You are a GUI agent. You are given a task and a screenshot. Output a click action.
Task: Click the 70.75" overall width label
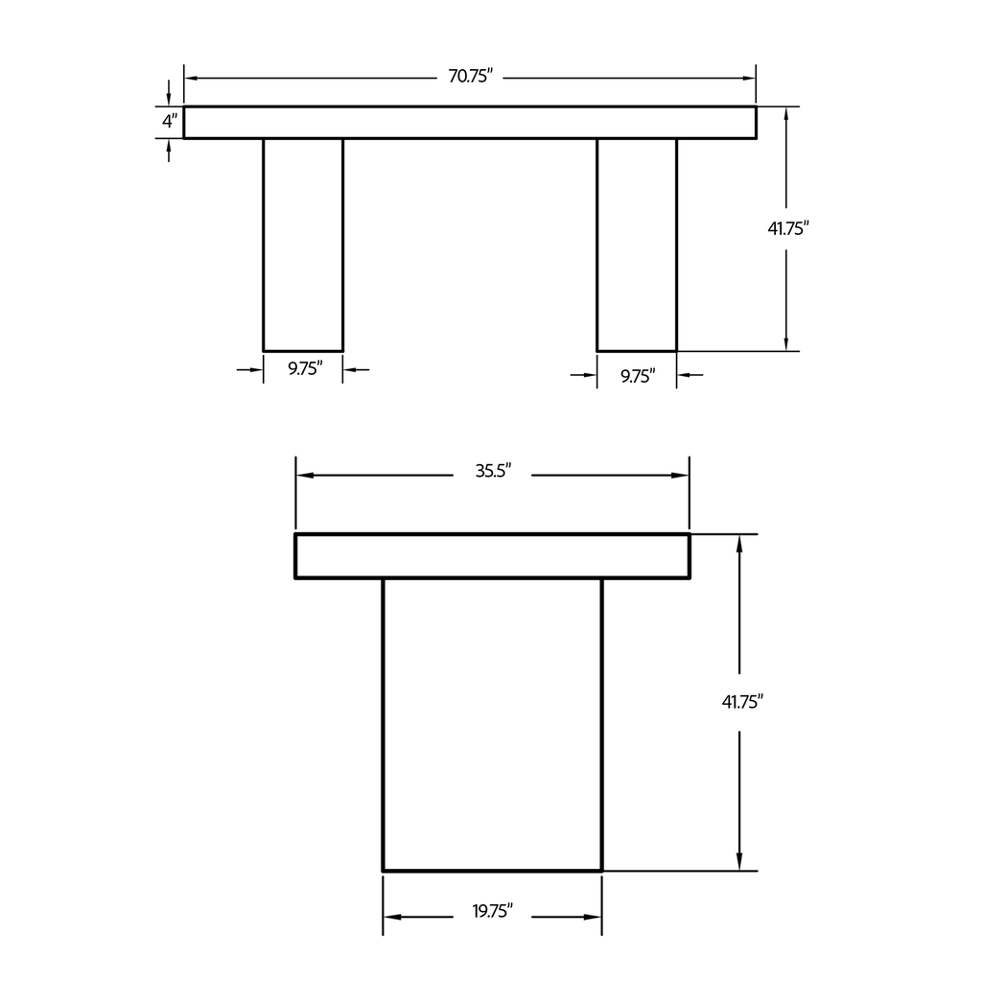pos(470,77)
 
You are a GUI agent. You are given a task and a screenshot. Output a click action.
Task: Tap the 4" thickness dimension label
pos(169,122)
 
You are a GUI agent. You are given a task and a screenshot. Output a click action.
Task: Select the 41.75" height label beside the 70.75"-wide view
pos(789,228)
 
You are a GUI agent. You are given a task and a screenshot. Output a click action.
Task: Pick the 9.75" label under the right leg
pos(638,376)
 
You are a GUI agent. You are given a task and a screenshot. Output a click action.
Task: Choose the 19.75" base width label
pos(493,911)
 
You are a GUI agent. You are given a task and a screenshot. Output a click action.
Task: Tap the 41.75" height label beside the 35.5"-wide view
pos(742,702)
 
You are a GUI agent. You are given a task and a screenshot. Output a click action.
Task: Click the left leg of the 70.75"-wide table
pos(303,245)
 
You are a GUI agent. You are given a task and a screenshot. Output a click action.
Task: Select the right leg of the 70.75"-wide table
pos(637,245)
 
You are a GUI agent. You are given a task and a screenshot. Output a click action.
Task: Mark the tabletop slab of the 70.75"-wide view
pos(470,123)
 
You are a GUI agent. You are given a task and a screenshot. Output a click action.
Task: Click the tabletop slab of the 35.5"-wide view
pos(492,556)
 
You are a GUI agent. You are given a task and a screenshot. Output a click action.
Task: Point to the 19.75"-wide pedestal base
pos(492,725)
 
